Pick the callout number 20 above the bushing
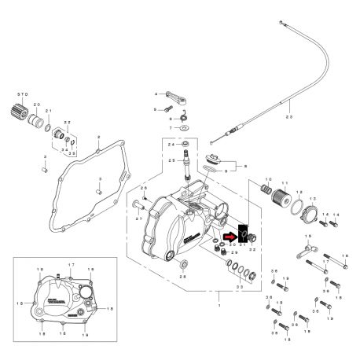point(35,105)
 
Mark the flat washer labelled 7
point(183,127)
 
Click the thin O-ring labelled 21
point(49,127)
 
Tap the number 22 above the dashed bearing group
point(68,123)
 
